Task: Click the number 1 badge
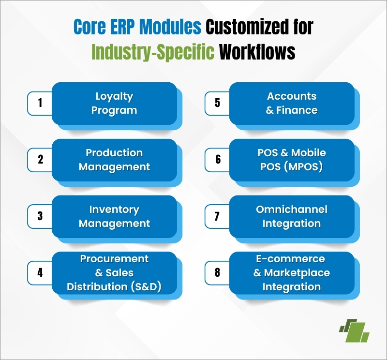coord(40,103)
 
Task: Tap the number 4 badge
coord(40,273)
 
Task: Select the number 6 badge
coord(217,160)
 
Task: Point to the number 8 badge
coord(217,273)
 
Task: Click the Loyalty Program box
coord(114,104)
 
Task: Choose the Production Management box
coord(114,160)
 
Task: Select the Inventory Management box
coord(114,217)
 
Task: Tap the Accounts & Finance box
coord(292,104)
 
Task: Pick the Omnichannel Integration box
coord(292,217)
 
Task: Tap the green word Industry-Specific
coord(153,52)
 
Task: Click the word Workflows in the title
coord(257,52)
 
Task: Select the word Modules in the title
coord(170,27)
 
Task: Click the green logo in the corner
coord(354,330)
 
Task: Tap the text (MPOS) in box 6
coord(303,166)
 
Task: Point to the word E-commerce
coord(291,259)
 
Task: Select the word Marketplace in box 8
coord(297,273)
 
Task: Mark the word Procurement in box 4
coord(114,259)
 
